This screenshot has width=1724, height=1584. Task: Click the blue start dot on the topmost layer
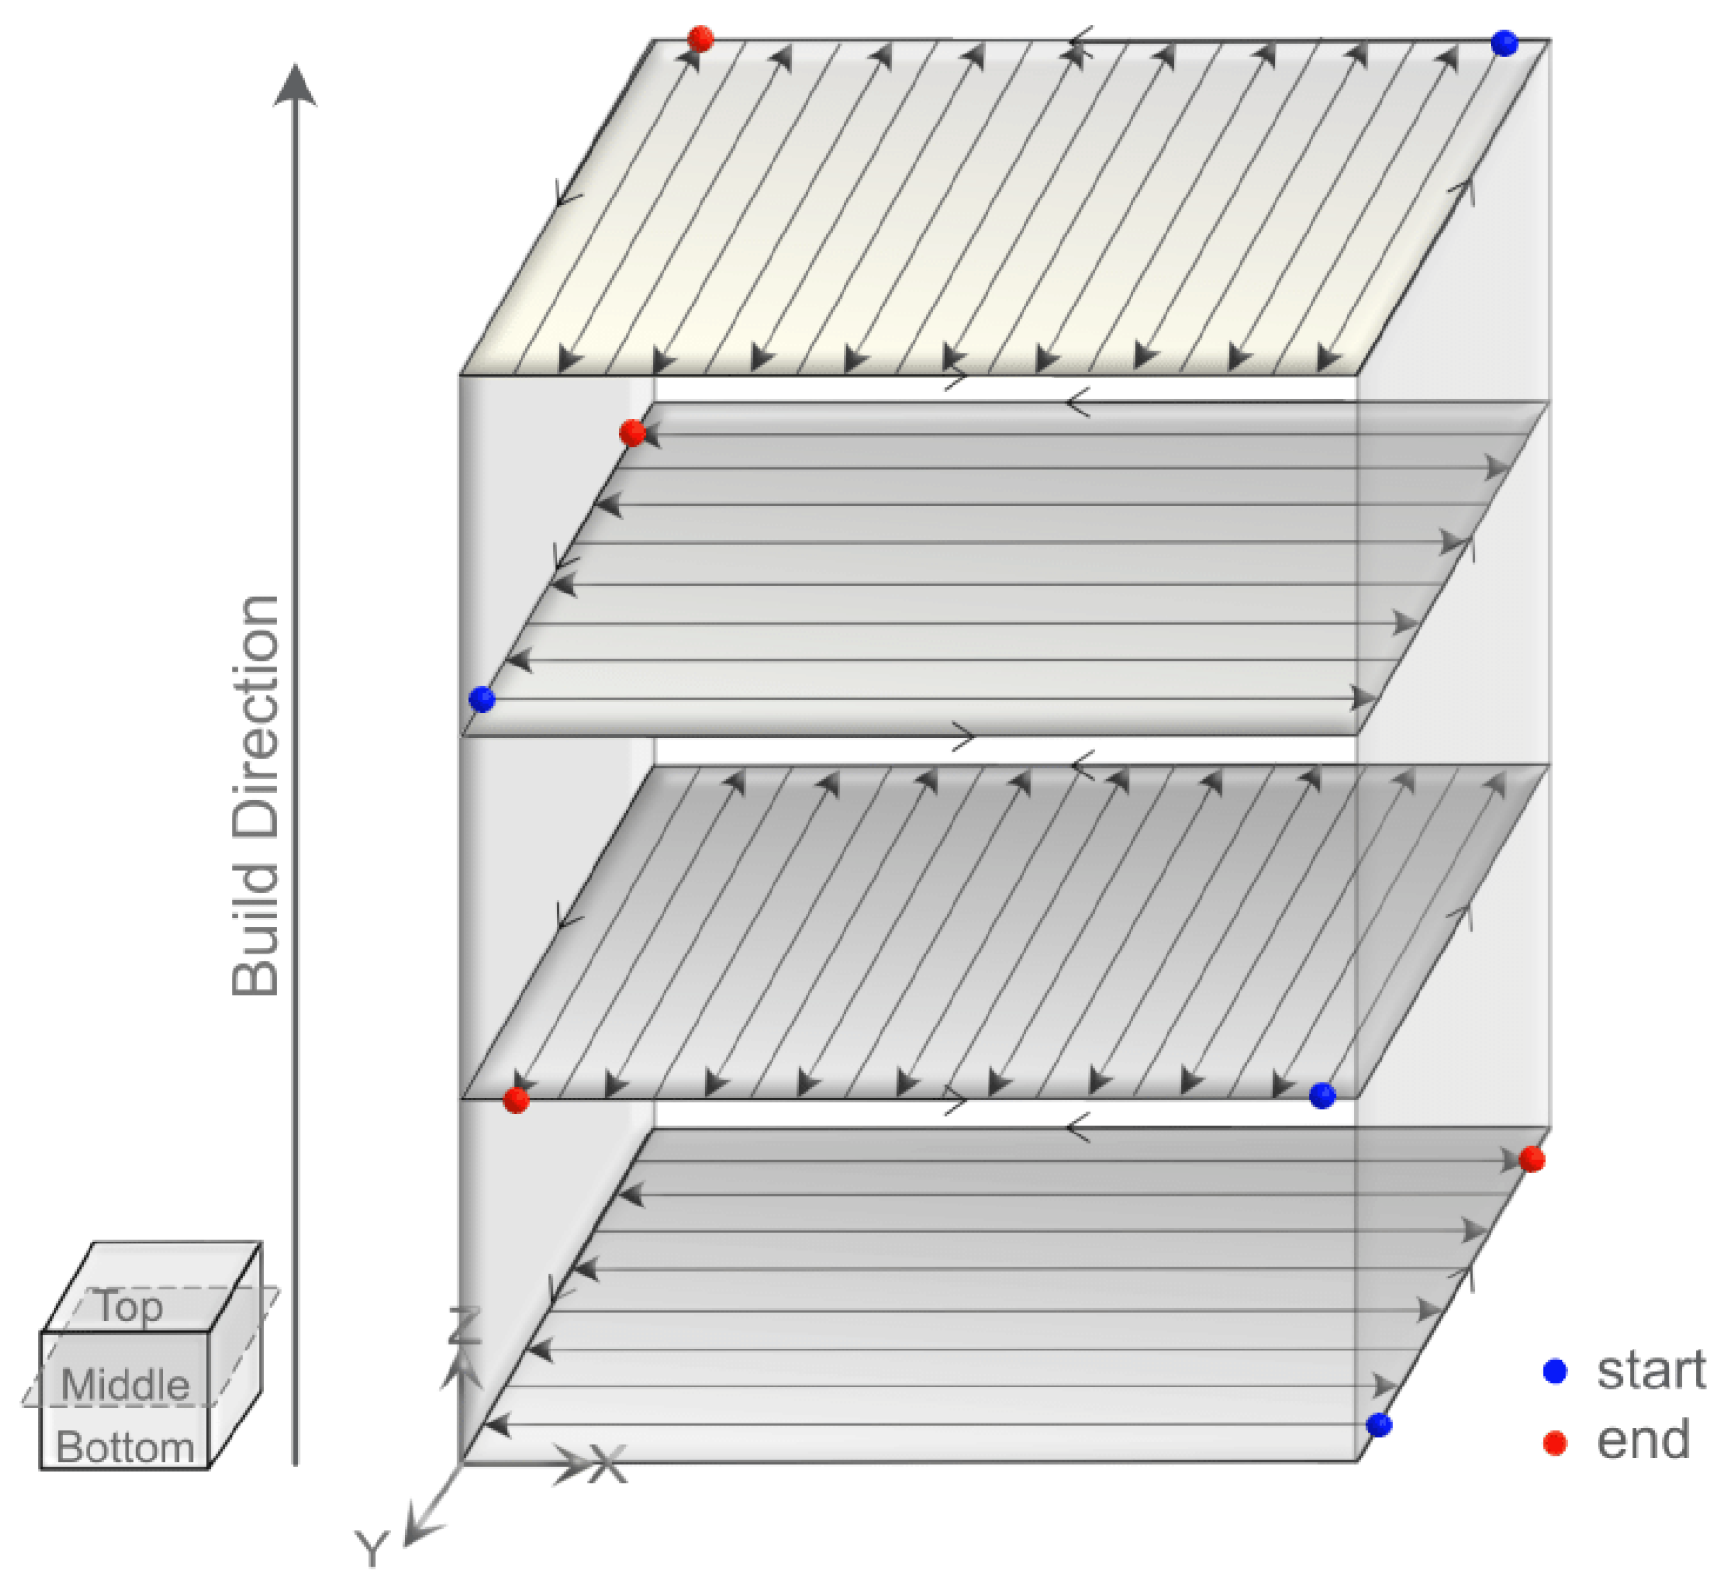tap(1503, 43)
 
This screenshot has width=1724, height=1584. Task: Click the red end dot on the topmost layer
tap(700, 39)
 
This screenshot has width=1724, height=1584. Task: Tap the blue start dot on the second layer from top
tap(482, 699)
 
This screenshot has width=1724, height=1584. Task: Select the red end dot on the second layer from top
tap(631, 433)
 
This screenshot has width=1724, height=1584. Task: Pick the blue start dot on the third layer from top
tap(1321, 1096)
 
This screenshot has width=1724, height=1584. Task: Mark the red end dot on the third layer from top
tap(516, 1100)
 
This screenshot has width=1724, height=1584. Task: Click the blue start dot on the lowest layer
tap(1379, 1424)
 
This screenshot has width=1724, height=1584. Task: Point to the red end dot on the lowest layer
tap(1531, 1159)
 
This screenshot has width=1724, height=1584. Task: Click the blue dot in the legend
tap(1555, 1371)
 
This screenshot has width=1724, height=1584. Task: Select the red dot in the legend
tap(1555, 1442)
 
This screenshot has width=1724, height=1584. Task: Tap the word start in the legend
tap(1651, 1370)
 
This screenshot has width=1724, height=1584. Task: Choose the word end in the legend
tap(1643, 1440)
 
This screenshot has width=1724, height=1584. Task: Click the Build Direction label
tap(256, 796)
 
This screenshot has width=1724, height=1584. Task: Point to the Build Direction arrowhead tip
tap(295, 64)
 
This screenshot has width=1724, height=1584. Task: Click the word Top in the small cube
tap(129, 1307)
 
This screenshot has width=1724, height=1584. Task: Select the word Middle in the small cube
tap(126, 1385)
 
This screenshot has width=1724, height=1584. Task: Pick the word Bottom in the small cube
tap(126, 1447)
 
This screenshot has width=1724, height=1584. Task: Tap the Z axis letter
tap(463, 1325)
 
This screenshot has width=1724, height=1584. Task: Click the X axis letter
tap(608, 1463)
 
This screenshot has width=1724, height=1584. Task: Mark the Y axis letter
tap(372, 1548)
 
